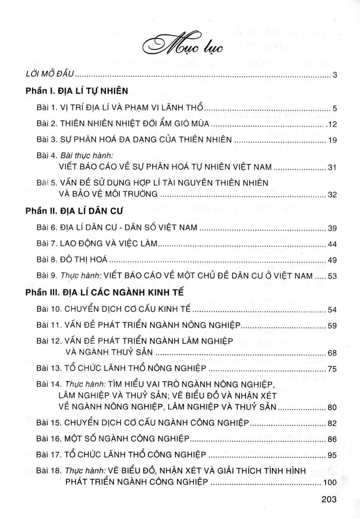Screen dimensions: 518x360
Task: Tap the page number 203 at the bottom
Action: click(x=328, y=499)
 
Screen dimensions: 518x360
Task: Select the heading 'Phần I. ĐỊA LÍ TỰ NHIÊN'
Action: click(x=77, y=91)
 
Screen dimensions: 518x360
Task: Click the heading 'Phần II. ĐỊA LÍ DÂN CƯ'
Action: click(x=74, y=211)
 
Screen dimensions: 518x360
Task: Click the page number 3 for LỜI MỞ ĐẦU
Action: click(x=334, y=75)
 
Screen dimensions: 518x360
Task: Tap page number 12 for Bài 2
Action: click(x=332, y=124)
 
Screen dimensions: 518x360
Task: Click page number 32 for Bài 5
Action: click(x=332, y=195)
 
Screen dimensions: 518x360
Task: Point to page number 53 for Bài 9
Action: click(x=332, y=276)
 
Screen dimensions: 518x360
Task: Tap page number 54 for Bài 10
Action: click(x=332, y=310)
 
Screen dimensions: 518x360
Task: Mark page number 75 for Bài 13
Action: click(x=332, y=369)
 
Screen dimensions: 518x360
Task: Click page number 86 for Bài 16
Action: click(x=332, y=440)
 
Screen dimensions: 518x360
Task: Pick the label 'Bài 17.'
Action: click(x=49, y=455)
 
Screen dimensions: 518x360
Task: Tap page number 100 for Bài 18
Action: click(x=330, y=482)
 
